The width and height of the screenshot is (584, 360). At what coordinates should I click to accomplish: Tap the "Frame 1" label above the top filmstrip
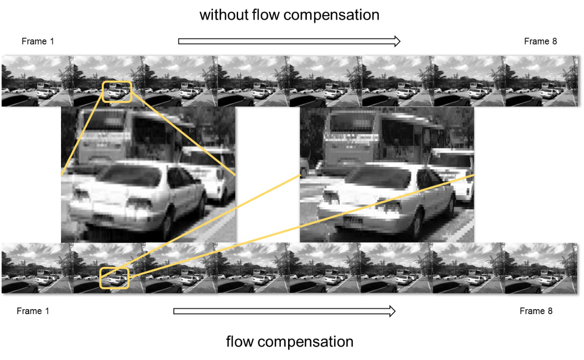pyautogui.click(x=38, y=41)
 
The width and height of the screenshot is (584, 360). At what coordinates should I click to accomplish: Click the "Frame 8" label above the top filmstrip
pyautogui.click(x=540, y=41)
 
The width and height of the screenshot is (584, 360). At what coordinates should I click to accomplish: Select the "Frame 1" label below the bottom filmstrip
pyautogui.click(x=33, y=311)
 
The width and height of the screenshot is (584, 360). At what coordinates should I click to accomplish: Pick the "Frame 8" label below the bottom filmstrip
pyautogui.click(x=536, y=311)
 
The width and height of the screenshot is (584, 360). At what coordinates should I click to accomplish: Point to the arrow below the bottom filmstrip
pyautogui.click(x=284, y=311)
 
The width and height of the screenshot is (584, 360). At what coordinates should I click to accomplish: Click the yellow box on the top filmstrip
pyautogui.click(x=117, y=91)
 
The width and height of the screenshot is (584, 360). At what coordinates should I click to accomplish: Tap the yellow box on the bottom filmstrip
pyautogui.click(x=115, y=278)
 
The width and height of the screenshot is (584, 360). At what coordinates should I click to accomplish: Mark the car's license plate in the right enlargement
pyautogui.click(x=353, y=219)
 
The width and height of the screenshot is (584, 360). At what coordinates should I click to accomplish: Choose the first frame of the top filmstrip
pyautogui.click(x=37, y=81)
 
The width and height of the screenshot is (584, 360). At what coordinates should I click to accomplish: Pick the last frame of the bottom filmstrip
pyautogui.click(x=540, y=268)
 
